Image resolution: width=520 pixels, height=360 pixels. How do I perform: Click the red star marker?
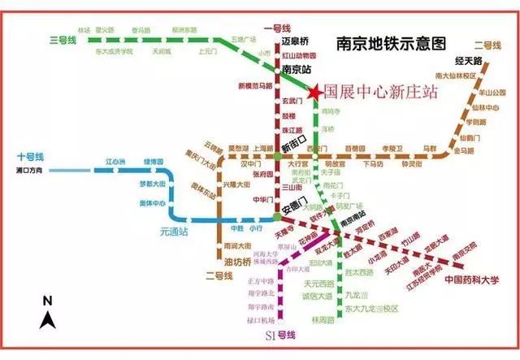[x=314, y=92]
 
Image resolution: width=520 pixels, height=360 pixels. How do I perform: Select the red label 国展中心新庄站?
[x=380, y=93]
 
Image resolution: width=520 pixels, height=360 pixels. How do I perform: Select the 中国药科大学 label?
[x=470, y=281]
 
